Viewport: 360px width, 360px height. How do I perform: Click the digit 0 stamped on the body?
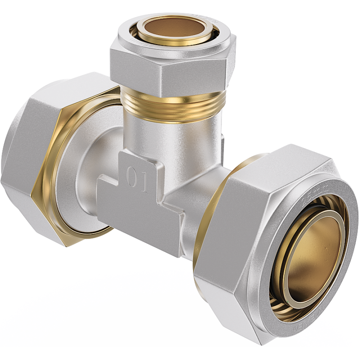tap(131, 177)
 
